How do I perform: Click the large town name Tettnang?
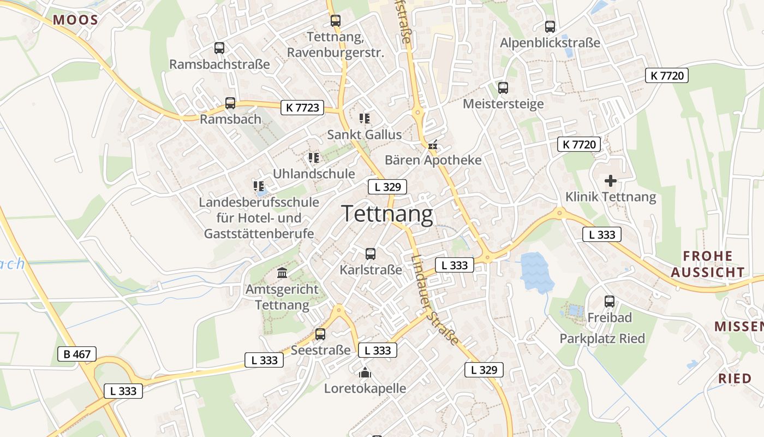pyautogui.click(x=387, y=214)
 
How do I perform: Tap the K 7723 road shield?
pyautogui.click(x=302, y=108)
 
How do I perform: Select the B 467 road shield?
pyautogui.click(x=77, y=354)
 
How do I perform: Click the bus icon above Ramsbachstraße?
pyautogui.click(x=219, y=48)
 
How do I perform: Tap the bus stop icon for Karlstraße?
pyautogui.click(x=371, y=253)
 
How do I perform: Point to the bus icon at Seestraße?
pyautogui.click(x=320, y=334)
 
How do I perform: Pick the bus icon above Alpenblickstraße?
pyautogui.click(x=550, y=26)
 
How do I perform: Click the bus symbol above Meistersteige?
pyautogui.click(x=503, y=87)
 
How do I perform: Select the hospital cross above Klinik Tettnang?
pyautogui.click(x=611, y=180)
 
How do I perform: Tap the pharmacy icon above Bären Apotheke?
pyautogui.click(x=433, y=145)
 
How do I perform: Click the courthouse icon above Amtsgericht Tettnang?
pyautogui.click(x=282, y=273)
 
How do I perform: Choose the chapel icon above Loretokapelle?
pyautogui.click(x=365, y=373)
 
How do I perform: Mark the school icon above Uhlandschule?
pyautogui.click(x=313, y=158)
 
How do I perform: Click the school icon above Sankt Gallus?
pyautogui.click(x=365, y=118)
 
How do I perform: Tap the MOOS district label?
pyautogui.click(x=75, y=21)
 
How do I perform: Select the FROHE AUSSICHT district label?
pyautogui.click(x=708, y=264)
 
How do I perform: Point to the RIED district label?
pyautogui.click(x=735, y=378)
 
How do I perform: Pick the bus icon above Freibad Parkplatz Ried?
pyautogui.click(x=610, y=301)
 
